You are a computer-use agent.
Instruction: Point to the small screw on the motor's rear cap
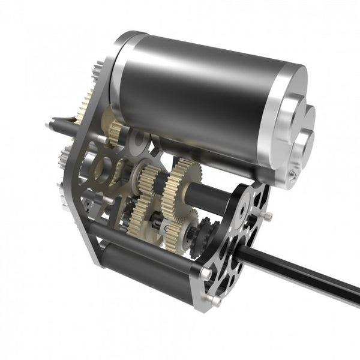coord(292,175)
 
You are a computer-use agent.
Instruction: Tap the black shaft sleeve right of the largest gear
coord(207,198)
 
